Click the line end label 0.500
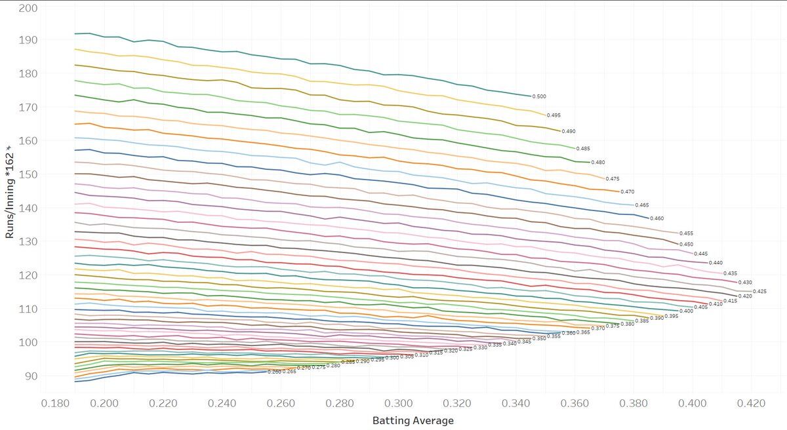(539, 97)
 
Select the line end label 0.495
(554, 115)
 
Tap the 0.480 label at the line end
(598, 163)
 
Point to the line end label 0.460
(657, 218)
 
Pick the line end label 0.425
(759, 291)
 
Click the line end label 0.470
(628, 192)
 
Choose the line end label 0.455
(686, 233)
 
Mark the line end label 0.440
(716, 262)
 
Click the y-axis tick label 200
(29, 8)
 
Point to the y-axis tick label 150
(29, 175)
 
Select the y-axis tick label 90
(31, 376)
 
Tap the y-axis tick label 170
(29, 107)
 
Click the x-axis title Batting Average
(413, 420)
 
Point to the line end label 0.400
(686, 311)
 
